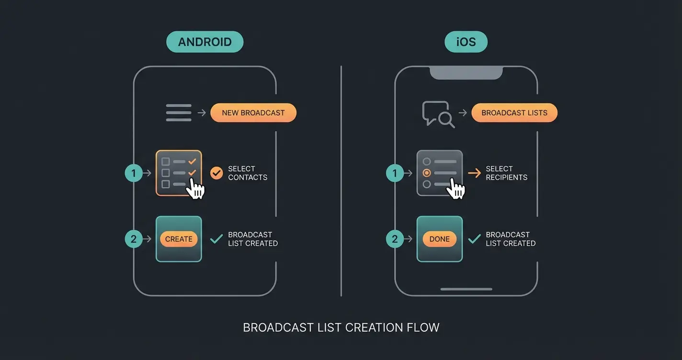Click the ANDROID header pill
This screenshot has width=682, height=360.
point(205,42)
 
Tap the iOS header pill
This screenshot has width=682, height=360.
point(466,42)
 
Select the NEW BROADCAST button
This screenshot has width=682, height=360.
point(253,113)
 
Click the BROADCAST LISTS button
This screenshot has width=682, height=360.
point(514,113)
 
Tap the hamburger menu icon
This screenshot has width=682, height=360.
point(179,113)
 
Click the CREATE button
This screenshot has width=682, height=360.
point(179,239)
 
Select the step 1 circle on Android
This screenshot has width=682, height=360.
point(134,173)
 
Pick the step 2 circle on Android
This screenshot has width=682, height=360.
point(134,239)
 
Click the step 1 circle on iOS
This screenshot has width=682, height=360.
point(395,173)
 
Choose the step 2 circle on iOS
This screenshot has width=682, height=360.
point(395,239)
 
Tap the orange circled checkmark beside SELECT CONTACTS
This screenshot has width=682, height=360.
point(217,173)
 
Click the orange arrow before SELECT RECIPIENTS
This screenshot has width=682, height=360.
point(474,173)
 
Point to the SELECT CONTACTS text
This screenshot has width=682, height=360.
point(247,173)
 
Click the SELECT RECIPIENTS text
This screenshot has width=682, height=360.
point(506,173)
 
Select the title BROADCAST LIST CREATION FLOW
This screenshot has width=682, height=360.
point(341,328)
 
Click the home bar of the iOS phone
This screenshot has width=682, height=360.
point(466,289)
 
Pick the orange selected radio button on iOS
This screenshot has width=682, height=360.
point(427,173)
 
